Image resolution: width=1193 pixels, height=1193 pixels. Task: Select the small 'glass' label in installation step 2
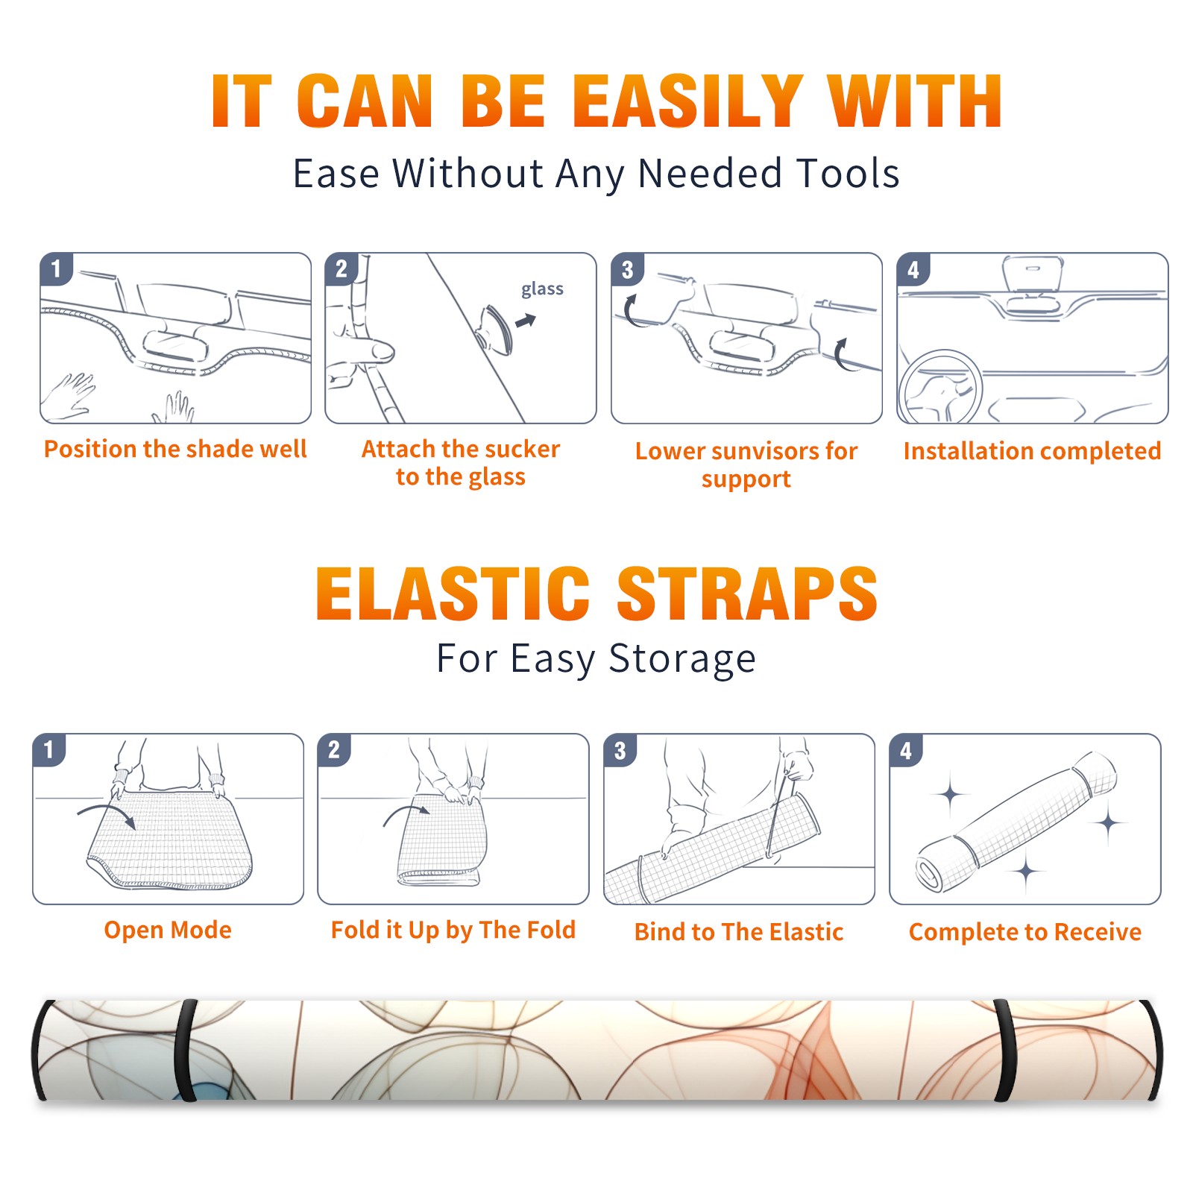(542, 289)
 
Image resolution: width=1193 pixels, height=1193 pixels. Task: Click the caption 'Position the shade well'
(175, 449)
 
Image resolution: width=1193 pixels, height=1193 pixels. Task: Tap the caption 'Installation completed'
(1032, 450)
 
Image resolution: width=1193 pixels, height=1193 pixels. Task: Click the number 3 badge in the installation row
(627, 269)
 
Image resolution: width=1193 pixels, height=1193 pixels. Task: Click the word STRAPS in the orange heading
(747, 594)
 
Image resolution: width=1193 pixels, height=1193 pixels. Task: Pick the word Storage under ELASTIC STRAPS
(682, 659)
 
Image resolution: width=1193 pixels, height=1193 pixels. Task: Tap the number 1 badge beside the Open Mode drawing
(49, 749)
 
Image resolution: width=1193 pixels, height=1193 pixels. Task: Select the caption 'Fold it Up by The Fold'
(453, 930)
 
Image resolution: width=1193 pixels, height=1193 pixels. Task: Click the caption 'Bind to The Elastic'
(739, 932)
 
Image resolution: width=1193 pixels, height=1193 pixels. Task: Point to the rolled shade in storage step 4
(1016, 822)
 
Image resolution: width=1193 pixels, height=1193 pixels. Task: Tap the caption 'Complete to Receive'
(1025, 932)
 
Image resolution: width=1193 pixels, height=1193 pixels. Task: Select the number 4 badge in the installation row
(913, 269)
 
